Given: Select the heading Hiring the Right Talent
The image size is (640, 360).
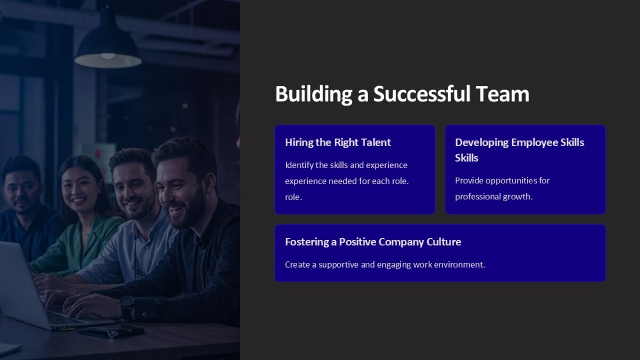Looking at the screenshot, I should (338, 142).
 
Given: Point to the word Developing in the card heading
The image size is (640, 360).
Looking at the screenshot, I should (482, 142).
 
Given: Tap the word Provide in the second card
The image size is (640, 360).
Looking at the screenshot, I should (469, 180).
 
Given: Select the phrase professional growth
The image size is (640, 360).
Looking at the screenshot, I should (493, 196).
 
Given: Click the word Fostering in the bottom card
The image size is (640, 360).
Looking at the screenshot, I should (307, 242).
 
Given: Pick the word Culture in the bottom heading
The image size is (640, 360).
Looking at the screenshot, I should (444, 242).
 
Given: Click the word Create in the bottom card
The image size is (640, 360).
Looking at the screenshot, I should (296, 265).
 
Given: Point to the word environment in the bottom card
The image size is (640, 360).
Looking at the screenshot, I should (459, 265).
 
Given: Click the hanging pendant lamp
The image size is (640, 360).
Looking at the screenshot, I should (108, 48).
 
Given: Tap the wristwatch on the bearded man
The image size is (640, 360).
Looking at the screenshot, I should (126, 307).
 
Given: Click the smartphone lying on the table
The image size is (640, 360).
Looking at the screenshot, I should (110, 331).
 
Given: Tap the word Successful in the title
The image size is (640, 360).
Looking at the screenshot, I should (422, 94).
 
